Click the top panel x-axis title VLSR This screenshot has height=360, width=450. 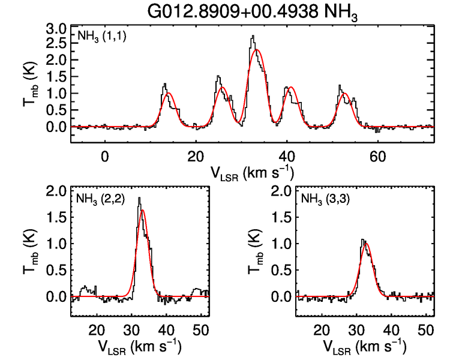coord(252,173)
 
